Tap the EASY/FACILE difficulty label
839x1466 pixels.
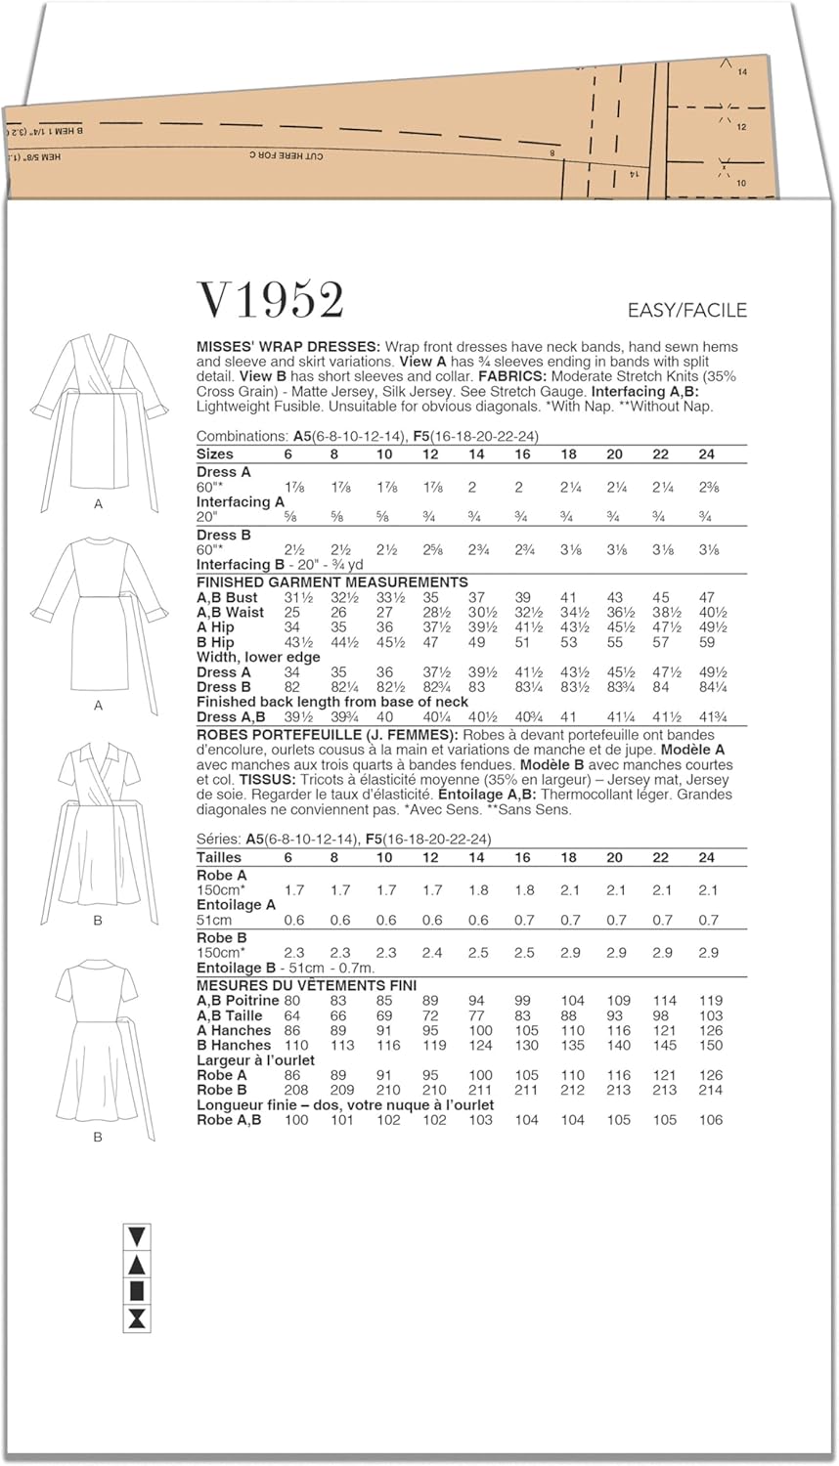pos(686,310)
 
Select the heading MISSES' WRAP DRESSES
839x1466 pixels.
pos(288,347)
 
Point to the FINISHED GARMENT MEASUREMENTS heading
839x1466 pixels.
pos(332,582)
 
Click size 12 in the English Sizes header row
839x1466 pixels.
pos(430,454)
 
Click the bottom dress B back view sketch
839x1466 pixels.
pos(98,1041)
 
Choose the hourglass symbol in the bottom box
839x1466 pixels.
pos(137,1318)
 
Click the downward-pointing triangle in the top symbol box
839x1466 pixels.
pos(137,1236)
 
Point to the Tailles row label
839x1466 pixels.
pos(219,857)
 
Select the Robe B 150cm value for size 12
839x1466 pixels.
pos(430,952)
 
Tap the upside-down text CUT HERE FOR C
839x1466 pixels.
pos(286,155)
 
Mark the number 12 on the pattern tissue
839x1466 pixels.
pos(741,127)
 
